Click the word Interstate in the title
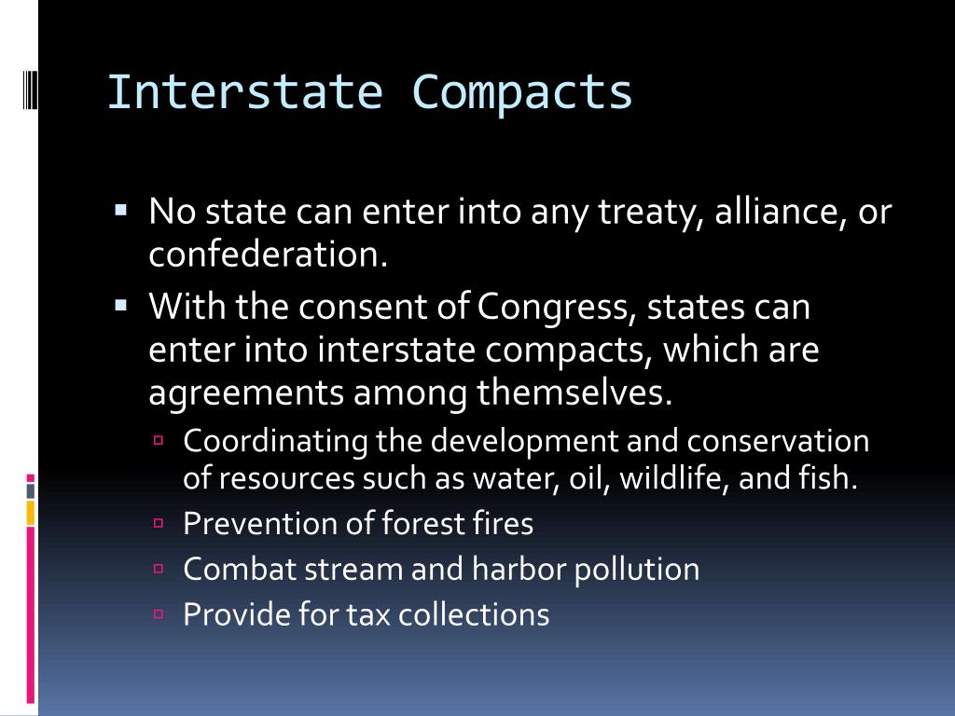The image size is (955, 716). coord(244,92)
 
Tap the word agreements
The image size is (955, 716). coord(244,393)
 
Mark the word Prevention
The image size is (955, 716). coord(248,524)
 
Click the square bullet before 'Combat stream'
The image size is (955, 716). coord(159,568)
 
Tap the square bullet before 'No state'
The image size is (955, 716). coord(121,212)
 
